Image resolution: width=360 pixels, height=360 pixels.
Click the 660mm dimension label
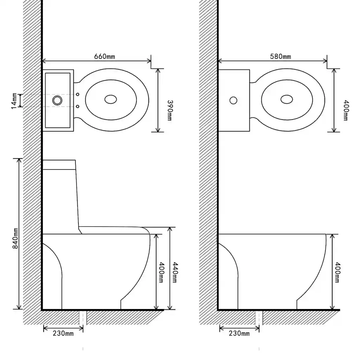tap(104, 57)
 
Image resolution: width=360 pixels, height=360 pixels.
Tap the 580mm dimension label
tap(280, 57)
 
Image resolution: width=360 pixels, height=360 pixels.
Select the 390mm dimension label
tap(170, 110)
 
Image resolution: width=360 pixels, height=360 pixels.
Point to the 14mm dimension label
tap(14, 101)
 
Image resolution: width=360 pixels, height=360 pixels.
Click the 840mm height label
tap(15, 238)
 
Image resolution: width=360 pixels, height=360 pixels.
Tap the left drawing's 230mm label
tap(63, 333)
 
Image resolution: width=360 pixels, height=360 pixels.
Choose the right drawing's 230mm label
tap(239, 333)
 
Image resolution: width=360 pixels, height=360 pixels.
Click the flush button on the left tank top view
tap(57, 100)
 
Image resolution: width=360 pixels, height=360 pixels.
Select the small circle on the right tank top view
tap(233, 100)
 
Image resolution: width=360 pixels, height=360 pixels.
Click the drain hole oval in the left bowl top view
tap(111, 99)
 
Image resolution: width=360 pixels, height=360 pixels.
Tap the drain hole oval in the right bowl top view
tap(287, 99)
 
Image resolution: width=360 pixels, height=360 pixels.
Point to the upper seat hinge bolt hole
tap(78, 94)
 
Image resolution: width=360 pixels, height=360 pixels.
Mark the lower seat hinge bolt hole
tap(78, 107)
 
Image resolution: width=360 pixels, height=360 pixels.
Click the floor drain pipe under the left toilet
tap(83, 318)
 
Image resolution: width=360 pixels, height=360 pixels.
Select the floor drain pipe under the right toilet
tap(259, 318)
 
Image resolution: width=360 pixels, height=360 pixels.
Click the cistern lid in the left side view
tap(59, 165)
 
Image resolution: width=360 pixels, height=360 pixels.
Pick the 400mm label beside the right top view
tap(346, 110)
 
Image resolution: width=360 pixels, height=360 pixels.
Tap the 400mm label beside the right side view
tap(337, 272)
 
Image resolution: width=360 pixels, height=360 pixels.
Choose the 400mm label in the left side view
tap(161, 272)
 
